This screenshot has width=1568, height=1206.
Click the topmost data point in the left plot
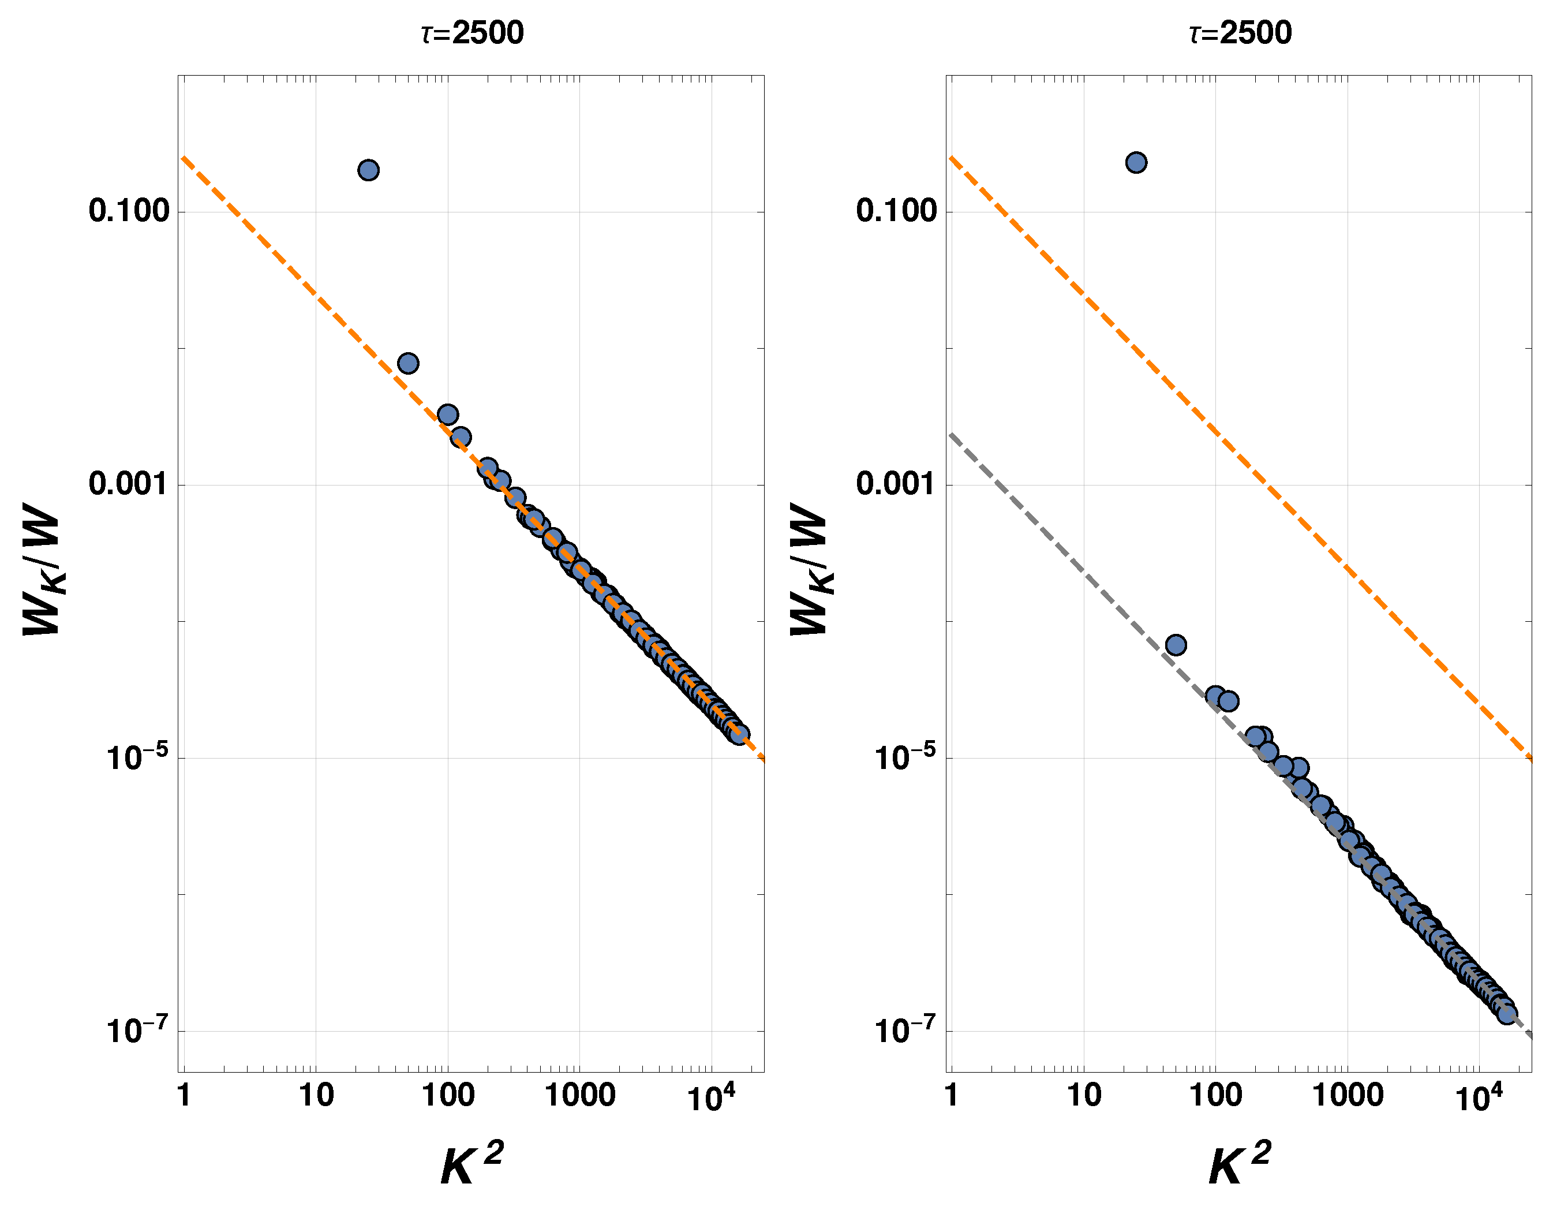coord(368,170)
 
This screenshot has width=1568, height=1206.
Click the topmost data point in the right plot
coord(1135,162)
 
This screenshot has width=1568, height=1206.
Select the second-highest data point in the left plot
coord(407,363)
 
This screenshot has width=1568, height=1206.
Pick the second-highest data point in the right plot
coord(1175,645)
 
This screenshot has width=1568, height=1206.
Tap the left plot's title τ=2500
coord(472,33)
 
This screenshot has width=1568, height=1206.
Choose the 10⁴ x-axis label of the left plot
coord(710,1097)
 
